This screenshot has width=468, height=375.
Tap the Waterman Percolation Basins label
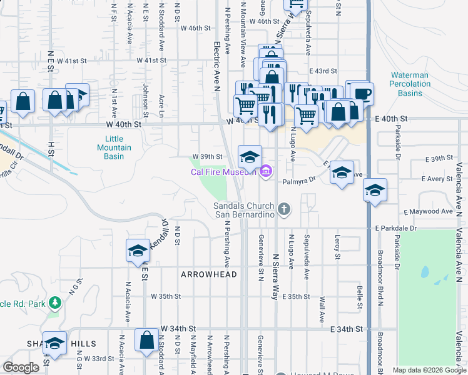[409, 84]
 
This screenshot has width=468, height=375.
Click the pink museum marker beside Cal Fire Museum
[266, 170]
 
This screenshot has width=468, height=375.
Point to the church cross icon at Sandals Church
[285, 209]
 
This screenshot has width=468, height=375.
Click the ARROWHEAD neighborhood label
[209, 274]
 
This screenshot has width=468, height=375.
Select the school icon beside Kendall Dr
[138, 251]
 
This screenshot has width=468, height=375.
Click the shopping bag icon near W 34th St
[146, 341]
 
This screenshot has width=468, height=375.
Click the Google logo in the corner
[21, 367]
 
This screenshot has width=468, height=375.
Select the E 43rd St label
[322, 72]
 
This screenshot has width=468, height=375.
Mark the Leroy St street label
[337, 247]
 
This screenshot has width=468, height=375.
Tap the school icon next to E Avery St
[375, 191]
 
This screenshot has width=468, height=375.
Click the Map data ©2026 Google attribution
[429, 370]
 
